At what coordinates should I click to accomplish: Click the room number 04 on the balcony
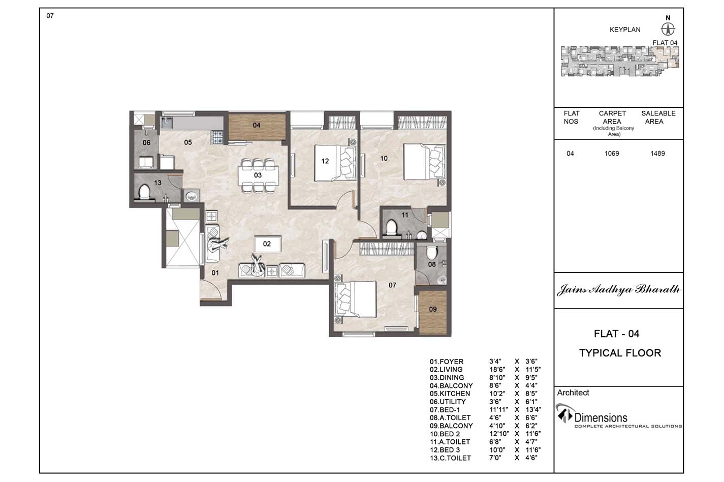pyautogui.click(x=256, y=125)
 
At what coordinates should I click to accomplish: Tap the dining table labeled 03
pyautogui.click(x=258, y=175)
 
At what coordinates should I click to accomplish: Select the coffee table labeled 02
pyautogui.click(x=267, y=244)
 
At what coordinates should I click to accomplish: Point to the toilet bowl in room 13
pyautogui.click(x=144, y=192)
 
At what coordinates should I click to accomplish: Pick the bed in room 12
pyautogui.click(x=335, y=163)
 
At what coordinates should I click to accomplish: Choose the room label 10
pyautogui.click(x=384, y=159)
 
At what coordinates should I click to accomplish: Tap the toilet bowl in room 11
pyautogui.click(x=391, y=227)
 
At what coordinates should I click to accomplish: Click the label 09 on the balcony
pyautogui.click(x=433, y=309)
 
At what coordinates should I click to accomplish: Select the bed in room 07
pyautogui.click(x=356, y=299)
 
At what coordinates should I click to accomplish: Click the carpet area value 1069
pyautogui.click(x=612, y=154)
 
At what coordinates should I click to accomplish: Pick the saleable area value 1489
pyautogui.click(x=657, y=154)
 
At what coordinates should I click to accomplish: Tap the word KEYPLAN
pyautogui.click(x=625, y=30)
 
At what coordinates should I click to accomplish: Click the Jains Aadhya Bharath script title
pyautogui.click(x=618, y=290)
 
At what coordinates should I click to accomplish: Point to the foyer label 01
pyautogui.click(x=215, y=273)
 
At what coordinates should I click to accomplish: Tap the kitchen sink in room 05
pyautogui.click(x=167, y=123)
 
